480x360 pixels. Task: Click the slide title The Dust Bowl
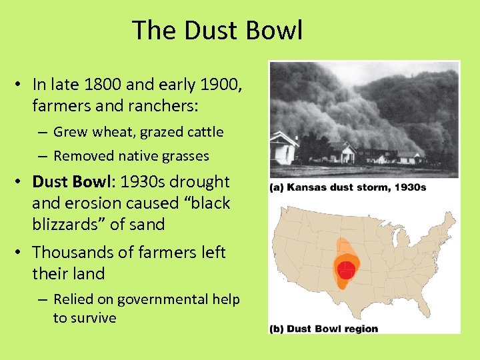pos(217,31)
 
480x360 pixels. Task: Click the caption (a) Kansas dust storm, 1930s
pos(347,187)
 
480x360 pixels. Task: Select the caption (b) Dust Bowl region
pos(324,328)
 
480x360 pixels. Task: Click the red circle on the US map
pos(347,269)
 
